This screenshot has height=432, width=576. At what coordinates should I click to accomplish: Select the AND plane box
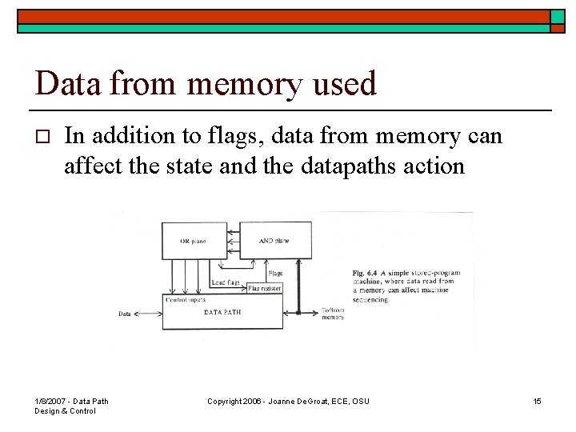pyautogui.click(x=274, y=240)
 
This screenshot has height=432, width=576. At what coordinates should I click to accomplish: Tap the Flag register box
pyautogui.click(x=264, y=288)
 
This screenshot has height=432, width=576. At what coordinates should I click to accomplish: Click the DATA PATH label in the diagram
pyautogui.click(x=222, y=312)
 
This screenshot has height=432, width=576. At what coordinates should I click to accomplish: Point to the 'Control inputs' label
pyautogui.click(x=186, y=299)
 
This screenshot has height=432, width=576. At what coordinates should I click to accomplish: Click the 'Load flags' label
pyautogui.click(x=226, y=282)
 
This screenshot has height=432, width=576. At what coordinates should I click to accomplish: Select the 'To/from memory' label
pyautogui.click(x=333, y=314)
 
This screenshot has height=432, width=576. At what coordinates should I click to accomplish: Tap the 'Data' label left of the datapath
pyautogui.click(x=125, y=314)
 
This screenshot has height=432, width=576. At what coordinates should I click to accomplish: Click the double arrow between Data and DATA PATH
pyautogui.click(x=148, y=314)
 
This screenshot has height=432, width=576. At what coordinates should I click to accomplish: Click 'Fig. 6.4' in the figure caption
pyautogui.click(x=366, y=274)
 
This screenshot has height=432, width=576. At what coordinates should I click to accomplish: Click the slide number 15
pyautogui.click(x=537, y=401)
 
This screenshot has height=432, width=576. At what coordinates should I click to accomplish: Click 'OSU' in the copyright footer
pyautogui.click(x=361, y=401)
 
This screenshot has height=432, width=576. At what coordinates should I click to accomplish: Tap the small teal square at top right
pyautogui.click(x=558, y=16)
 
